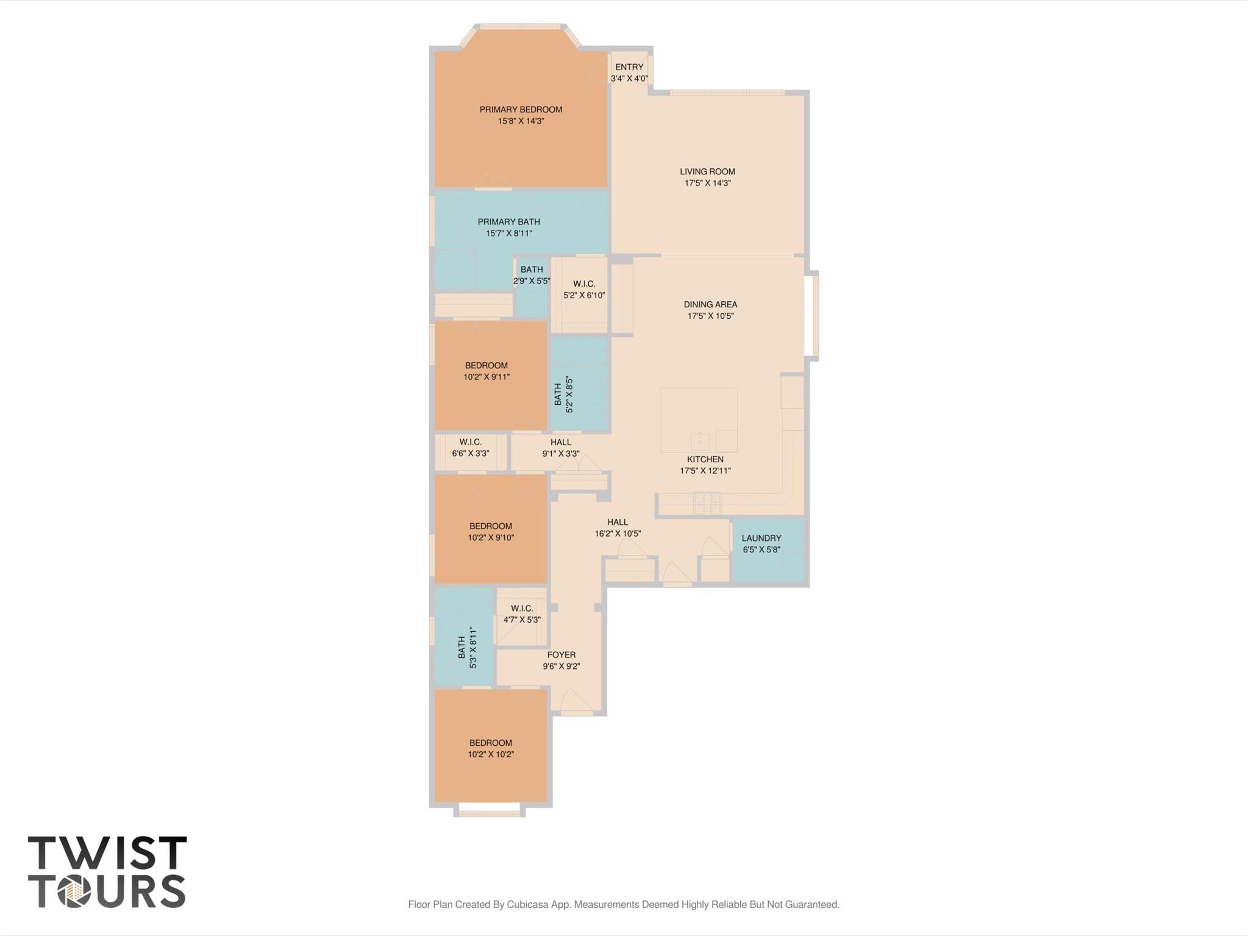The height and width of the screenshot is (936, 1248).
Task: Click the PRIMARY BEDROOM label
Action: (x=521, y=110)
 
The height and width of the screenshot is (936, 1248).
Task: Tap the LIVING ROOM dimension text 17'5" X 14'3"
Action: (x=707, y=183)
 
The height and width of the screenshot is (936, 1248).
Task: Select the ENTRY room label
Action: (x=629, y=67)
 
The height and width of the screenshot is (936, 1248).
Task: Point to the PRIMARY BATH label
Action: (x=508, y=222)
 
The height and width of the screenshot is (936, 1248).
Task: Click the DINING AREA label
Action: (x=710, y=304)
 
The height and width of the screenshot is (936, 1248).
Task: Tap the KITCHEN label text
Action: (x=705, y=459)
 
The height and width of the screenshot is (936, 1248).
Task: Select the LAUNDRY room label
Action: (x=761, y=538)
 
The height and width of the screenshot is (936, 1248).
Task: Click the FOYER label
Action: (x=561, y=655)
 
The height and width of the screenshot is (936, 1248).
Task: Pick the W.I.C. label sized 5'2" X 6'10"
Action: (x=584, y=284)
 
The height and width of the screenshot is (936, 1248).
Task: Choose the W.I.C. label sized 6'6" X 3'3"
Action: (x=470, y=442)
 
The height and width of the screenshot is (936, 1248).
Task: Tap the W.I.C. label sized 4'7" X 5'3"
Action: (x=522, y=609)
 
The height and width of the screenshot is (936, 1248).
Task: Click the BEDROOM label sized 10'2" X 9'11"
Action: (x=486, y=366)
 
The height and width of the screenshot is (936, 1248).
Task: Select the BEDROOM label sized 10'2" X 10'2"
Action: (x=490, y=743)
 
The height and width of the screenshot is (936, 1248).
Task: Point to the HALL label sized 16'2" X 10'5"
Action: (x=617, y=522)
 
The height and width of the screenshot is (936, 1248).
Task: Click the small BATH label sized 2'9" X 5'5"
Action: (x=532, y=270)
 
